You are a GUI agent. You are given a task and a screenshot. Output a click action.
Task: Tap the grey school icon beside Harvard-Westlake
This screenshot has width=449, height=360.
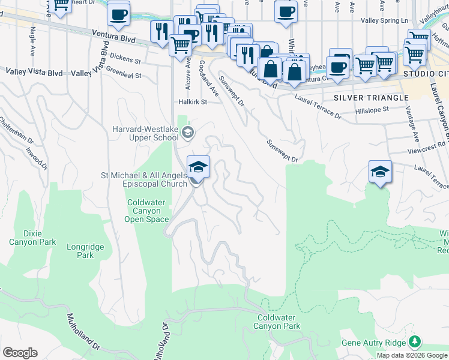tap(188, 131)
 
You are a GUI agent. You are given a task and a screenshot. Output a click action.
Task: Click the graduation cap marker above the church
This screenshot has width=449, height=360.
tap(199, 167)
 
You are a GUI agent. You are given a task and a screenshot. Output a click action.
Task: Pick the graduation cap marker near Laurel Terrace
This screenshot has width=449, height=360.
tap(380, 172)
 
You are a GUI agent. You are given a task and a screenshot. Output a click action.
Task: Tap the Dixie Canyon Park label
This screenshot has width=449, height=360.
tap(32, 238)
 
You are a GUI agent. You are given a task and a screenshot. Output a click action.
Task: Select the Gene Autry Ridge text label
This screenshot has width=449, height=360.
tap(373, 343)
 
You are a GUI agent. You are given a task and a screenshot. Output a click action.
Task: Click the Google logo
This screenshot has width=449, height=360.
tap(20, 352)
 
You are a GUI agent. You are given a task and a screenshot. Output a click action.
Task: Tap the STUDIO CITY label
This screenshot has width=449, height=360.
tap(426, 73)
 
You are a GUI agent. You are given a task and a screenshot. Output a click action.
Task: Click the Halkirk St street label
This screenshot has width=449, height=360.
tap(192, 102)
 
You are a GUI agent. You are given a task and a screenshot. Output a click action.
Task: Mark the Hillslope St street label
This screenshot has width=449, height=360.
tap(372, 110)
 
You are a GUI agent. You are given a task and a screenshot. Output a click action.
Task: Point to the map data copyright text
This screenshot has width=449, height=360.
tap(412, 355)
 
